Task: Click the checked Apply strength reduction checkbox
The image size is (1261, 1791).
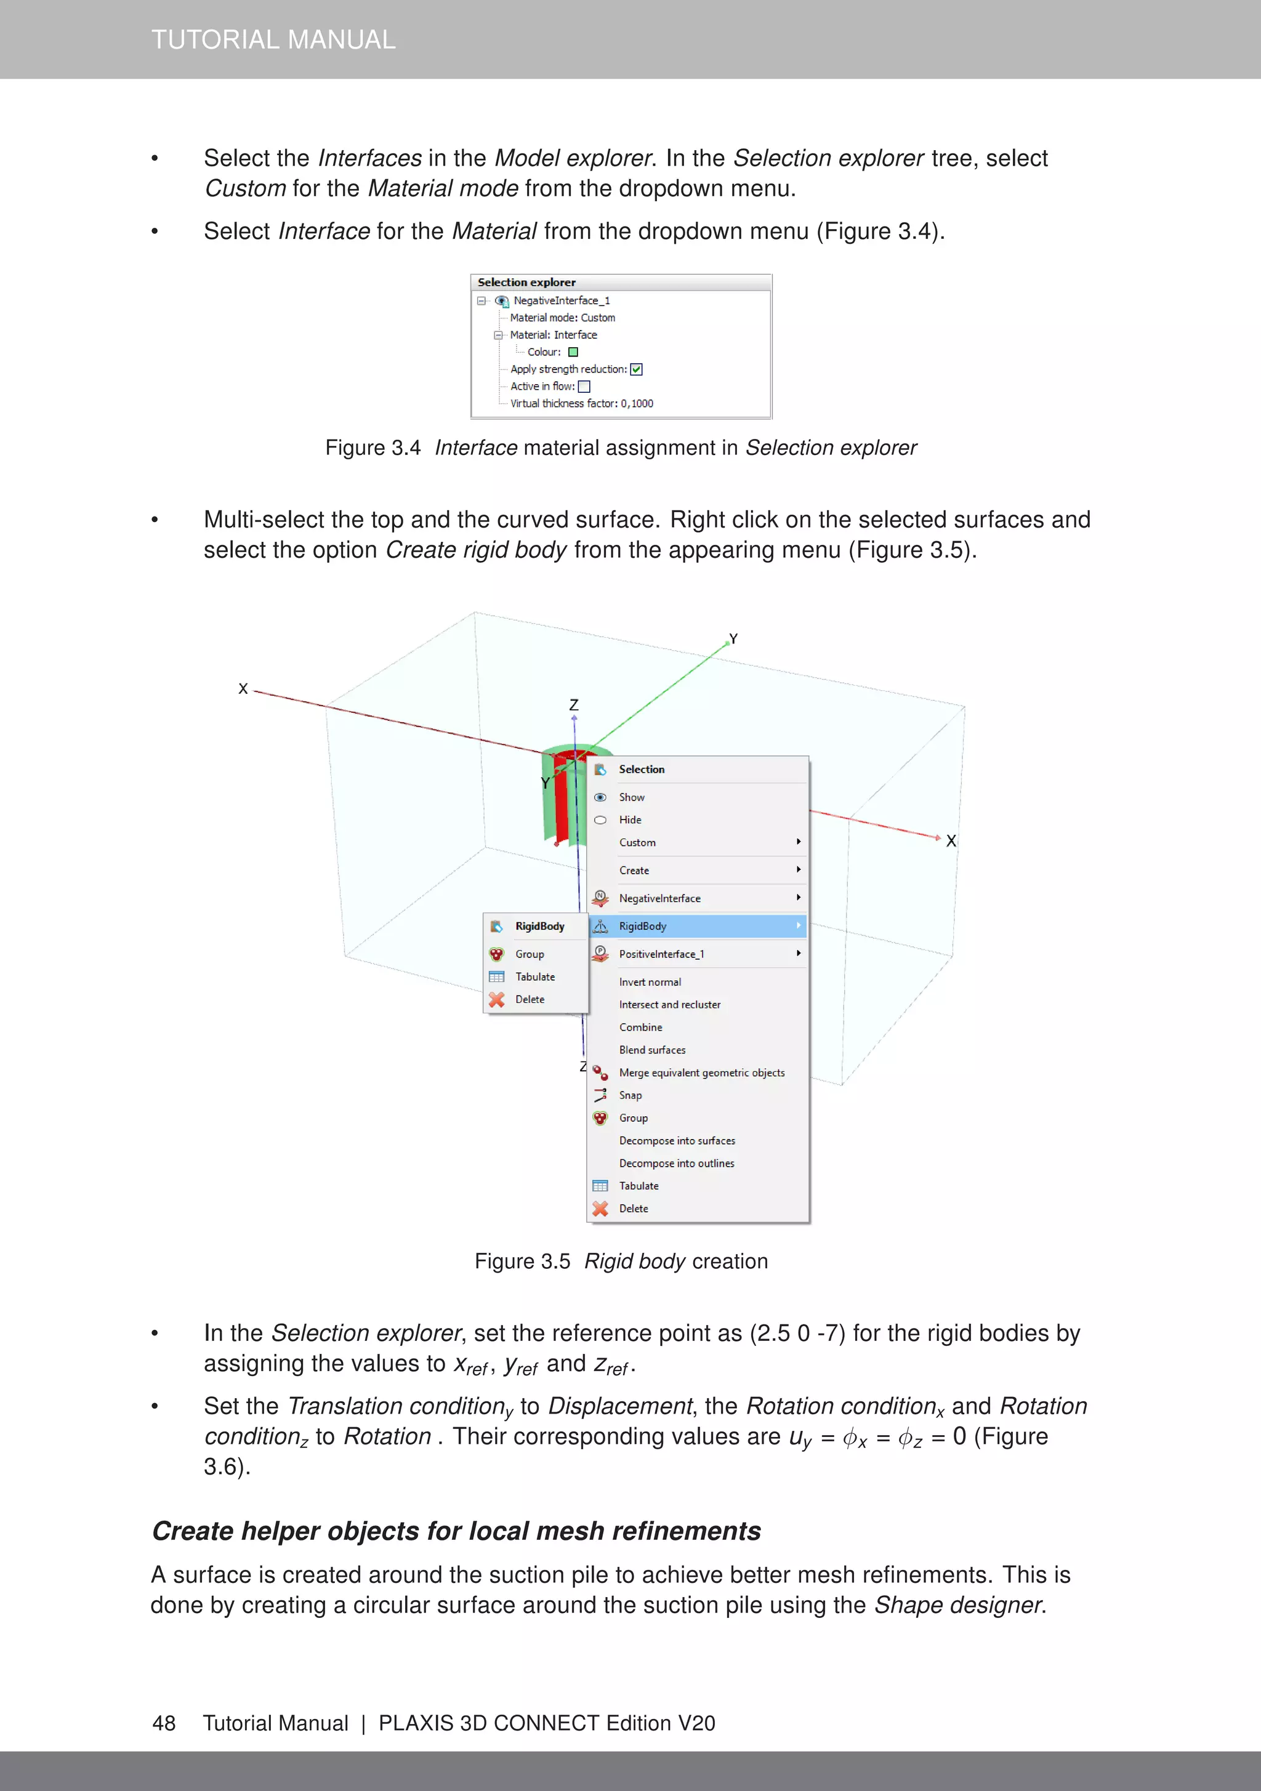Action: [x=636, y=370]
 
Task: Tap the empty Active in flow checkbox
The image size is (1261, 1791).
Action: [x=584, y=387]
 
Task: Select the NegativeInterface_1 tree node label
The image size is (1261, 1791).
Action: [x=561, y=301]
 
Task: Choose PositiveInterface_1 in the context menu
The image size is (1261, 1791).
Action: [x=662, y=954]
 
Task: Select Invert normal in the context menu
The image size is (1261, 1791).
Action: [x=650, y=982]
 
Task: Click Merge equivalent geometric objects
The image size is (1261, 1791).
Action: [x=701, y=1073]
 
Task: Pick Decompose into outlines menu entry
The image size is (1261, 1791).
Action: [x=677, y=1163]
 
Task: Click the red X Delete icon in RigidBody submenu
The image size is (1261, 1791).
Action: [x=497, y=999]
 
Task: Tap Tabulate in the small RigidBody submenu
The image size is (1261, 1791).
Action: [x=534, y=976]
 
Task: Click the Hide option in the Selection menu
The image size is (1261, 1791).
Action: [x=630, y=820]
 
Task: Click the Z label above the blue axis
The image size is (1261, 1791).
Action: [x=573, y=704]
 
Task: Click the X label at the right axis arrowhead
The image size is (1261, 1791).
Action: [x=951, y=841]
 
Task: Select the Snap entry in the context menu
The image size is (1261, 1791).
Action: [x=630, y=1095]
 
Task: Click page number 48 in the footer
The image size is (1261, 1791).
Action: [x=164, y=1723]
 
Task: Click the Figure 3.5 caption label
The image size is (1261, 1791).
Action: [x=522, y=1262]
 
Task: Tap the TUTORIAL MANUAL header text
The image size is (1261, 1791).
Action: [x=273, y=40]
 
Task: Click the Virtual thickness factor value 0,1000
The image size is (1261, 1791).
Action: [x=637, y=404]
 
